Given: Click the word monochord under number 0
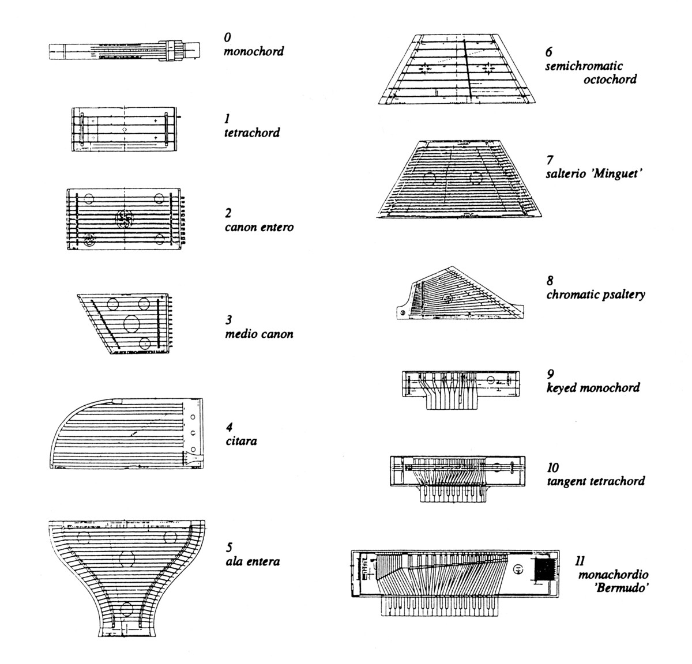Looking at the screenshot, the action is pyautogui.click(x=254, y=51).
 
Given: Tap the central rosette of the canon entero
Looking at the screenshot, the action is pyautogui.click(x=124, y=217).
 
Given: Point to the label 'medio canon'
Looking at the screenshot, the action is pyautogui.click(x=259, y=334).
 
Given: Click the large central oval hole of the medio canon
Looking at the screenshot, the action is pyautogui.click(x=131, y=323).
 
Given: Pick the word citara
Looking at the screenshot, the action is pyautogui.click(x=241, y=441).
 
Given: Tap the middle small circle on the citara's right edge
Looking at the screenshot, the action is pyautogui.click(x=193, y=433).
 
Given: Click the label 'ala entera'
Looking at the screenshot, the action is pyautogui.click(x=253, y=561).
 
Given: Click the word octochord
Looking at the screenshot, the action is pyautogui.click(x=610, y=80).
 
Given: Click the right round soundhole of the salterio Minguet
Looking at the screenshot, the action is pyautogui.click(x=475, y=178).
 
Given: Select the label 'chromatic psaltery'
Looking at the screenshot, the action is pyautogui.click(x=596, y=295).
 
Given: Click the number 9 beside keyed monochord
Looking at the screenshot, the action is pyautogui.click(x=551, y=374).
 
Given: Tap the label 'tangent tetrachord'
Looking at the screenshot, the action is pyautogui.click(x=596, y=481).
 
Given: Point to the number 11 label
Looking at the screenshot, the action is pyautogui.click(x=580, y=561).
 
